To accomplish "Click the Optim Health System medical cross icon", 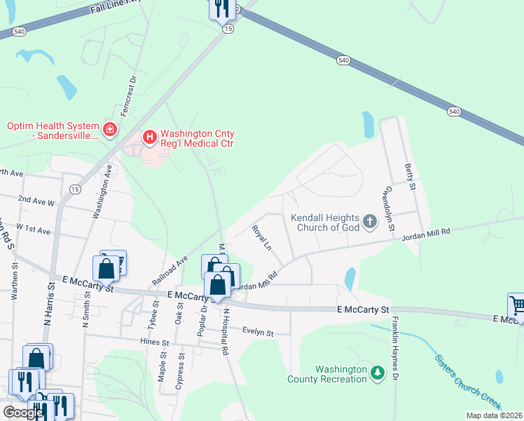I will (x=109, y=129).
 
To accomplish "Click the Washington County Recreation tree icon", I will (x=378, y=372).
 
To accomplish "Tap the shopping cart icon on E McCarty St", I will (x=517, y=305).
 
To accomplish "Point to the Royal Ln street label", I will (x=262, y=237).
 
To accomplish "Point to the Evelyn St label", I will (x=257, y=331).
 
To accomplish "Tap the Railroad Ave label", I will (x=170, y=269).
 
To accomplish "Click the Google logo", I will (x=24, y=413).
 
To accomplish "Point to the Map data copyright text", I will (x=493, y=415).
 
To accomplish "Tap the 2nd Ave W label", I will (x=36, y=200).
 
